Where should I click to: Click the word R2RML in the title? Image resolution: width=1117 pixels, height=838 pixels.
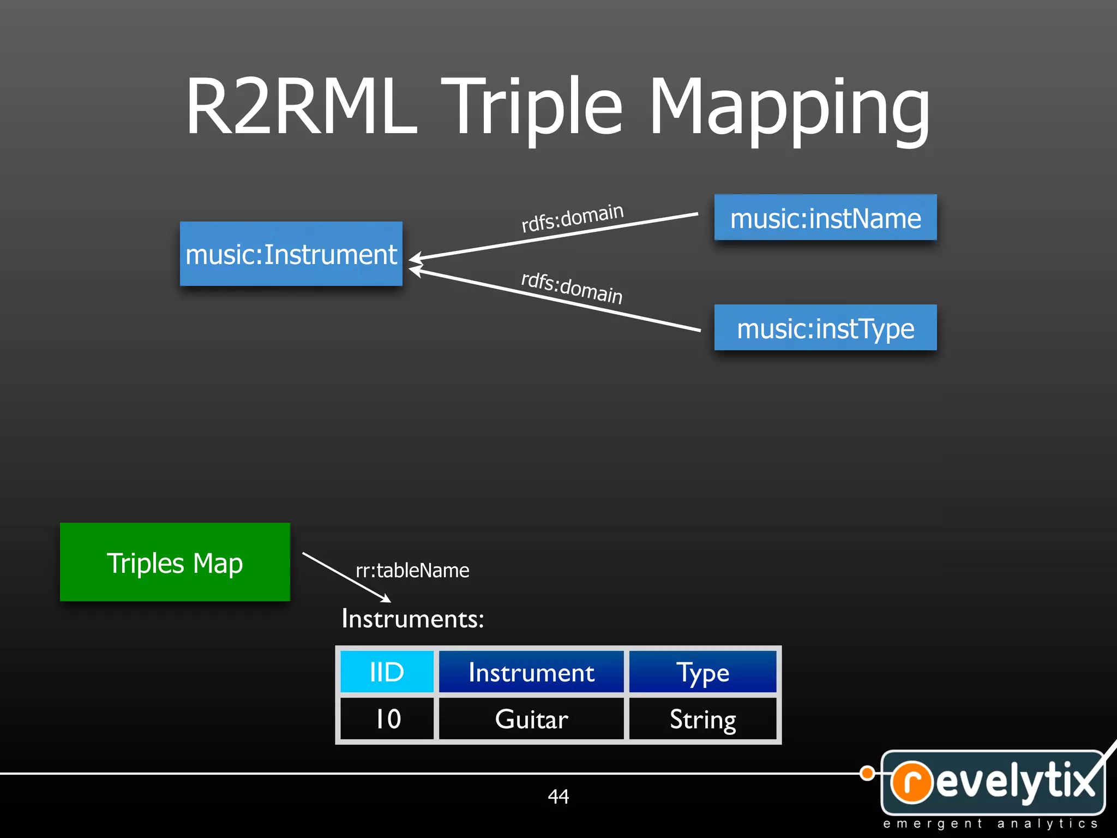[301, 106]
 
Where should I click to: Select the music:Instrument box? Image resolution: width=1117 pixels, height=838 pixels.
[291, 254]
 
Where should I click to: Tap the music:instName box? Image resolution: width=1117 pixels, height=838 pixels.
[825, 218]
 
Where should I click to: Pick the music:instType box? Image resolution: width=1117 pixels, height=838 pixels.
[825, 328]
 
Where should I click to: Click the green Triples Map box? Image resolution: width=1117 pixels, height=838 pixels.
[175, 562]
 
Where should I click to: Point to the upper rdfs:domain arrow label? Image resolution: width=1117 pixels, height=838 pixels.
[572, 217]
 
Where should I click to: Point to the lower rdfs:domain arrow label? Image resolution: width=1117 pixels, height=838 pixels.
[572, 288]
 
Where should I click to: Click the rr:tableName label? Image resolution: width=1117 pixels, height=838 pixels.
[412, 571]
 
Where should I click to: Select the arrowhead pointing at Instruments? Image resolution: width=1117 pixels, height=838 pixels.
[386, 598]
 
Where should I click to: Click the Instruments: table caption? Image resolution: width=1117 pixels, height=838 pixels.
[412, 619]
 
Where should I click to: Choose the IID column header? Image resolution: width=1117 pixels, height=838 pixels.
[387, 672]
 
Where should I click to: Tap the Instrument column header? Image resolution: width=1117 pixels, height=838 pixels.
[531, 672]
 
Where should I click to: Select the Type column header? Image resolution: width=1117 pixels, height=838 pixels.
[702, 672]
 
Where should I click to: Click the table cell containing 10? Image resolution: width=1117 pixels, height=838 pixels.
[387, 719]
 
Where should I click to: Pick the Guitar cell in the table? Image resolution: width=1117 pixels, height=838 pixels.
[531, 719]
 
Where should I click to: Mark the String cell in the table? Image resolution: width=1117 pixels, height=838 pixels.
[702, 719]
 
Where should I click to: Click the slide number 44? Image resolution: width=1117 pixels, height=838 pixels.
[558, 797]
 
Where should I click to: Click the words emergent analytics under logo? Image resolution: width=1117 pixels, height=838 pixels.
[990, 823]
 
